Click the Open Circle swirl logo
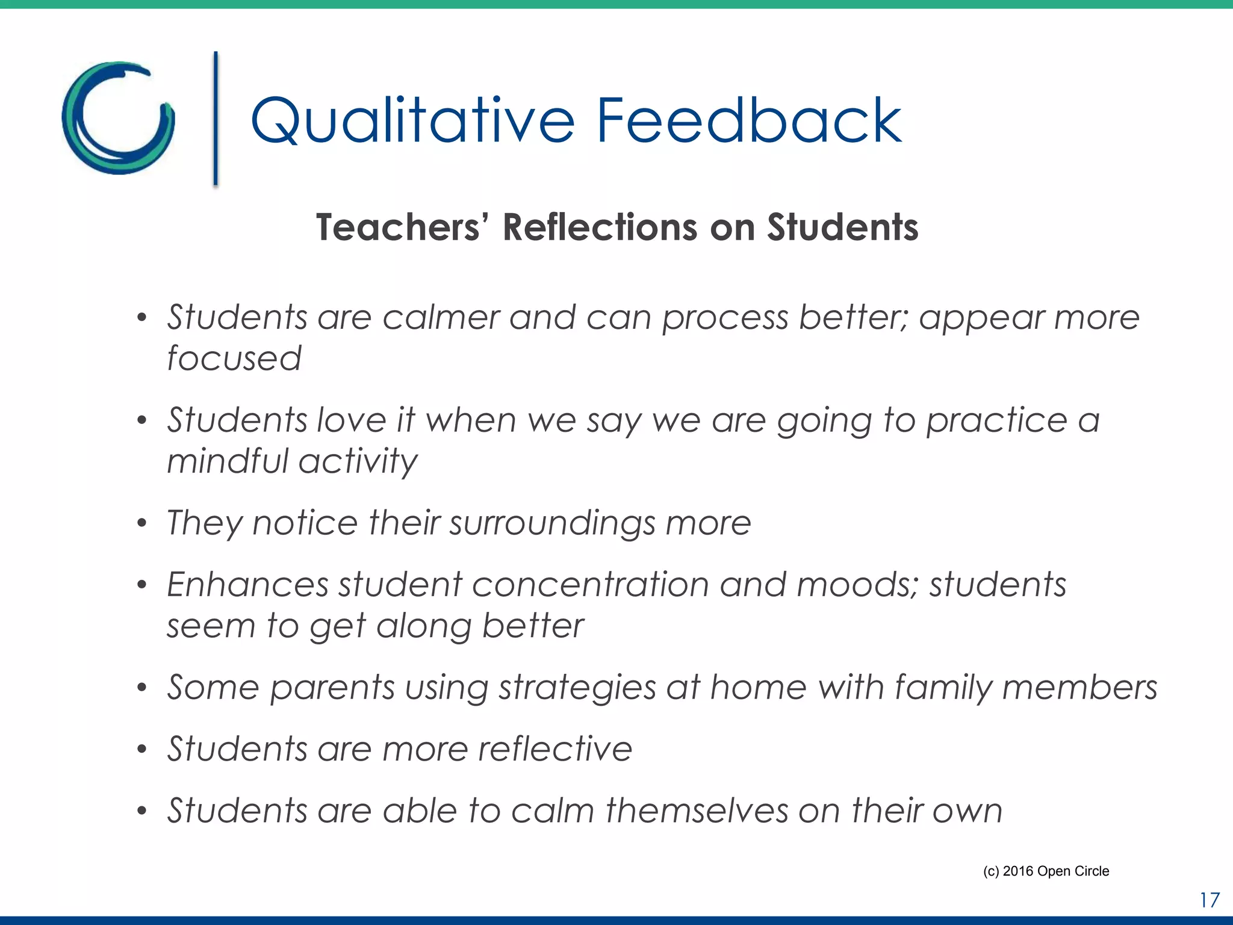(x=118, y=118)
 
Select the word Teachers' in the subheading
(x=398, y=228)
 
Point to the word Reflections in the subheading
(x=600, y=228)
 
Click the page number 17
(x=1210, y=900)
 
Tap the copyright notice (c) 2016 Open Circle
(x=1046, y=871)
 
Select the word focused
(x=234, y=359)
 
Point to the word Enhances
(x=247, y=585)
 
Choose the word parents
(x=332, y=688)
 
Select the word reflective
(x=554, y=749)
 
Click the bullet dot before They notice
(x=141, y=523)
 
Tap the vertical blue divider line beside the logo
(x=216, y=118)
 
